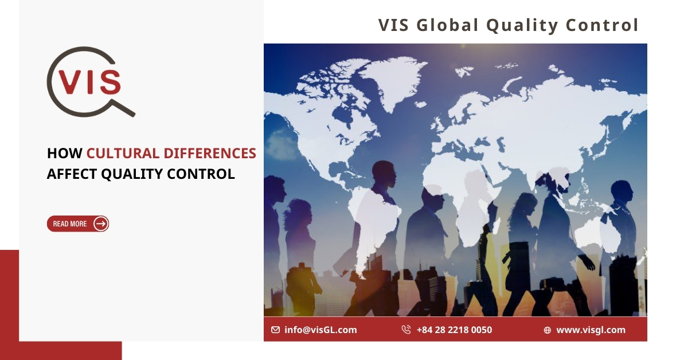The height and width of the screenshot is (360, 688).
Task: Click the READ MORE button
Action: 78,224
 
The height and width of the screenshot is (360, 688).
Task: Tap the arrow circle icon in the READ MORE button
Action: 101,224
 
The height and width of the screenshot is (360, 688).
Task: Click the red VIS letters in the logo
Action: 89,82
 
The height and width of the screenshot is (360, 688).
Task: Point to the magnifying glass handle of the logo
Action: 123,108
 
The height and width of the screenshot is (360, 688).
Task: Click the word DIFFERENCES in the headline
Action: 210,153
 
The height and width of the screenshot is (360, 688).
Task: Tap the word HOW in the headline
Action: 64,153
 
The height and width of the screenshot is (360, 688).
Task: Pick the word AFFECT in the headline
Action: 72,174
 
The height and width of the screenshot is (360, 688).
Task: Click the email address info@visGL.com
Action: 320,330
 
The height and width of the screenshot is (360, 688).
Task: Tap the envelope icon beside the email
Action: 276,330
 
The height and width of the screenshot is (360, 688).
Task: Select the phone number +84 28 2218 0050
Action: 454,330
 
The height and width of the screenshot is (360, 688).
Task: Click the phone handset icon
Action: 406,330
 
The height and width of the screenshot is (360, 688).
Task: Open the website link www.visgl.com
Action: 591,330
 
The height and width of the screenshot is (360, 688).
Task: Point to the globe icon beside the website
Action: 548,330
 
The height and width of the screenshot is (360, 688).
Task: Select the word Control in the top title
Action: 603,25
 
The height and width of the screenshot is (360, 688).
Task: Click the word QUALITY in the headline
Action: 132,174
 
